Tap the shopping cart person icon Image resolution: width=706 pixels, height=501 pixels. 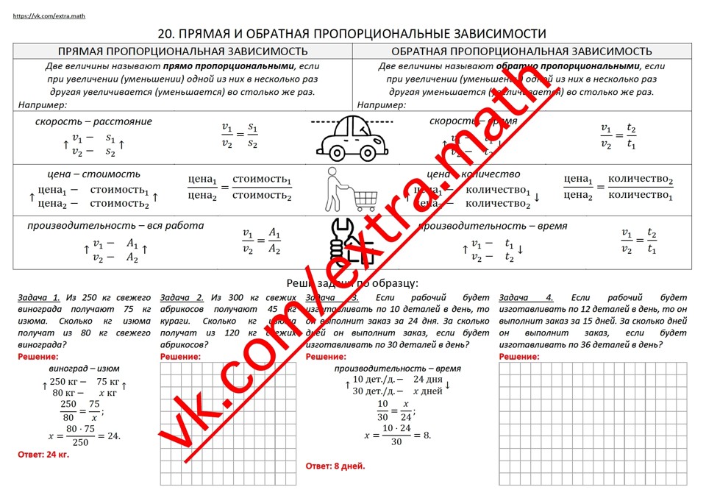click(352, 189)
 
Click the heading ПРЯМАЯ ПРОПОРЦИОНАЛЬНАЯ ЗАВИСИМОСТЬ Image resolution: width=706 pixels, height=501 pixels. click(182, 51)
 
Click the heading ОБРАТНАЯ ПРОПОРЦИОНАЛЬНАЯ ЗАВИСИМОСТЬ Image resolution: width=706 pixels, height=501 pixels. click(521, 51)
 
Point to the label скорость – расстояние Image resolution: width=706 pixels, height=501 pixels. click(93, 121)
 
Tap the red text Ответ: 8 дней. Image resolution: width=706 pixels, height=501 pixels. click(335, 466)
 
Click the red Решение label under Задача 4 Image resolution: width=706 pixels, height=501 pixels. click(519, 357)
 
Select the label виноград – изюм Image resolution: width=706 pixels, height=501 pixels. click(84, 368)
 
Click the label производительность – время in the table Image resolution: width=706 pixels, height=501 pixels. click(492, 225)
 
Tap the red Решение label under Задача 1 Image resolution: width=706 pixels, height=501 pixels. click(38, 357)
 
